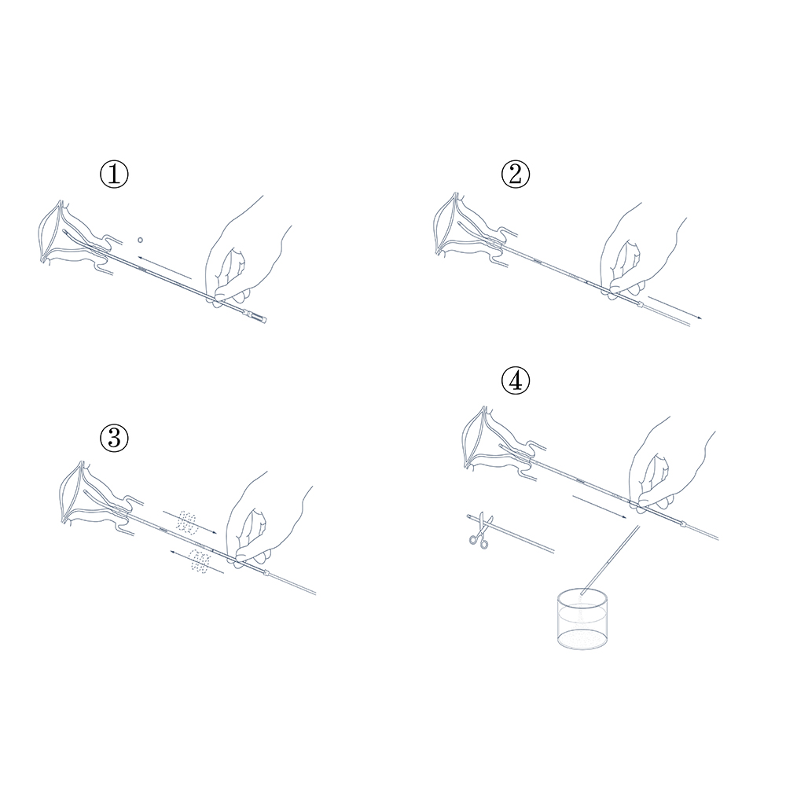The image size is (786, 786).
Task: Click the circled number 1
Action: coord(114,174)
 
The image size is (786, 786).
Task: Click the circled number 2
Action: coord(516,174)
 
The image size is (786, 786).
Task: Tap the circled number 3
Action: coord(114,437)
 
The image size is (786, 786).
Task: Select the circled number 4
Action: coord(516,381)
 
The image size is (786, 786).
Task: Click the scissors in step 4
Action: coord(480,531)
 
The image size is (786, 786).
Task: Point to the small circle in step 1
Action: coord(141,240)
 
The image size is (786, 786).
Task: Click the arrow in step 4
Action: coord(600,507)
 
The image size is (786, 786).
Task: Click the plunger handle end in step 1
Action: coord(257,316)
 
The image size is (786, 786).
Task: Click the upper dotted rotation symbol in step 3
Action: coord(186,522)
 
